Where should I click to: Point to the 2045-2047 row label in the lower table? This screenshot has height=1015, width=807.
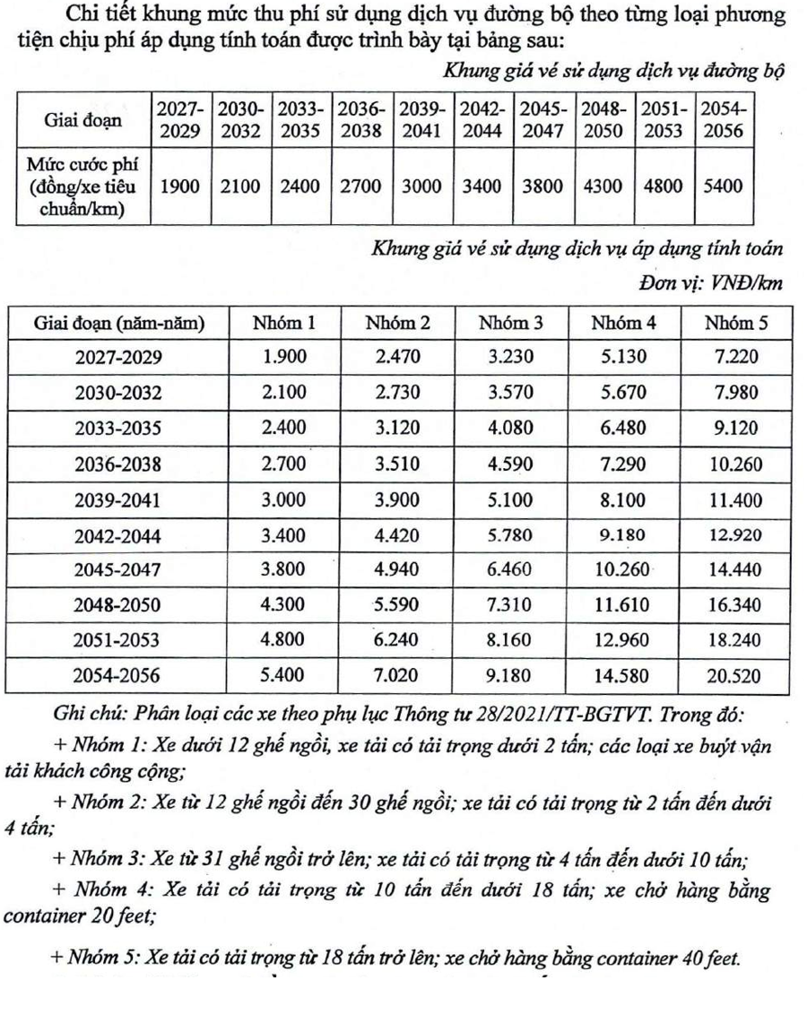118,568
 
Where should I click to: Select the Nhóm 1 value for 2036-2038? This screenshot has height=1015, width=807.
284,463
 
